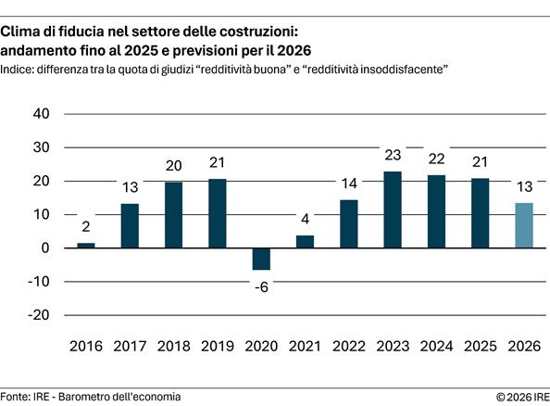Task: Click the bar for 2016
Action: click(85, 246)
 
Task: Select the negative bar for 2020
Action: click(261, 259)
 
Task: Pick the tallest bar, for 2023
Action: click(392, 209)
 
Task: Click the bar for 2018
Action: click(173, 215)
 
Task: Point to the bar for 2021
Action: click(305, 242)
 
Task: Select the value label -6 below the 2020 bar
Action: click(261, 286)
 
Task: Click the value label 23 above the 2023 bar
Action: click(392, 156)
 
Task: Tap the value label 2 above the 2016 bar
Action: click(85, 226)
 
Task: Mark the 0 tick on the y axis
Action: click(44, 248)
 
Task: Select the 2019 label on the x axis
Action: click(217, 347)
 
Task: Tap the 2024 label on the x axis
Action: click(435, 347)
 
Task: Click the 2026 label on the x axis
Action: click(523, 347)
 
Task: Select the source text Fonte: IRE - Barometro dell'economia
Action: click(91, 397)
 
